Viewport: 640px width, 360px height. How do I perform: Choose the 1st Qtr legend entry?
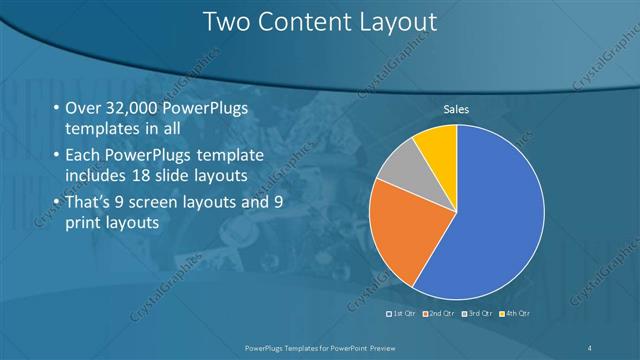point(404,313)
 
